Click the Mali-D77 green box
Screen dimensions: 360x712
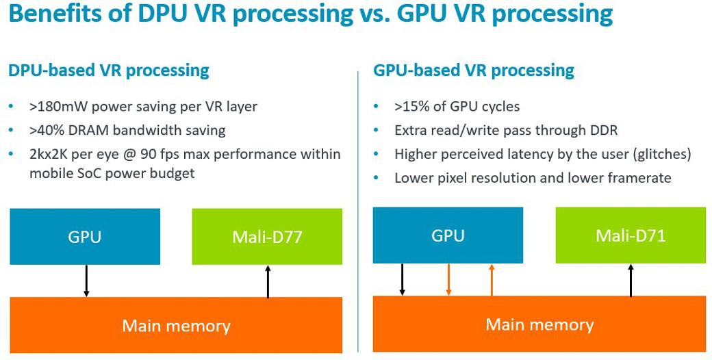tap(267, 237)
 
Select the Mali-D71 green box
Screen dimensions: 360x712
tap(631, 235)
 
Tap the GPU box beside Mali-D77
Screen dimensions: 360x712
tap(85, 237)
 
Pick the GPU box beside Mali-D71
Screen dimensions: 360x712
tap(448, 235)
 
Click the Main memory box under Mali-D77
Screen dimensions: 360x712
tap(176, 325)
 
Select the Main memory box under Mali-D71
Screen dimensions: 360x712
tap(539, 324)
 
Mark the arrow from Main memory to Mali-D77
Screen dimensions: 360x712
tap(268, 281)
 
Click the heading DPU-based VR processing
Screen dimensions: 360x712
tap(108, 70)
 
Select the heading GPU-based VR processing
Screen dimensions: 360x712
tap(473, 70)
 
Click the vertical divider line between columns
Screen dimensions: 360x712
tap(358, 205)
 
